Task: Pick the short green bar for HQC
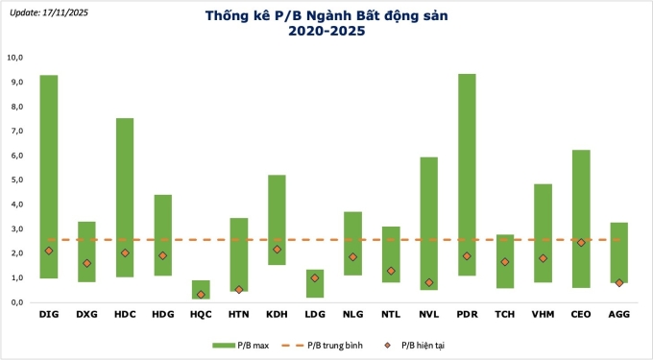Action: (x=201, y=288)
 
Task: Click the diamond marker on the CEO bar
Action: (x=581, y=243)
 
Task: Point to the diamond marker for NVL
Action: (x=429, y=282)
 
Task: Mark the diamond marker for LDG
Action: (x=314, y=277)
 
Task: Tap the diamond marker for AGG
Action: (x=619, y=282)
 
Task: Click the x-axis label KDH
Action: (x=277, y=313)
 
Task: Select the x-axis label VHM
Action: (x=543, y=313)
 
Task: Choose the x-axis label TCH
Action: (x=505, y=313)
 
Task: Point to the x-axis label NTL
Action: (x=391, y=313)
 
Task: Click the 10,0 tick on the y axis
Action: (x=15, y=58)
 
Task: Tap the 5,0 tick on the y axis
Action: (x=15, y=180)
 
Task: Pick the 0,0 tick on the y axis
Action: (x=15, y=301)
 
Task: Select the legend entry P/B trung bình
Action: (x=336, y=343)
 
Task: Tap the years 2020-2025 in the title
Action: (x=326, y=31)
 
